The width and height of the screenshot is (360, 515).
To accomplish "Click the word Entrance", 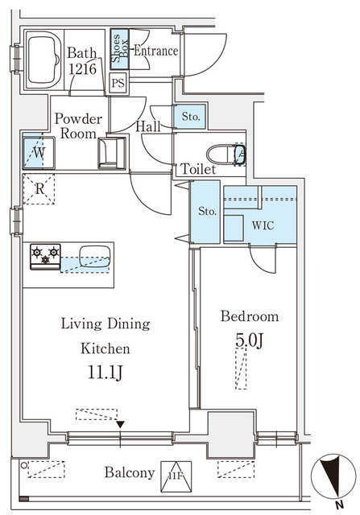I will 155,50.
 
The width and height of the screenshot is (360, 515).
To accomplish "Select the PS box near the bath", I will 118,82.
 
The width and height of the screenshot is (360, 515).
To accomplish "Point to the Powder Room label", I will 79,126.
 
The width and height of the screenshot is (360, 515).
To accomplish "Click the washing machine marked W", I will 37,150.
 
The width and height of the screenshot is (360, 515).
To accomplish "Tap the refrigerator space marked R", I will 38,189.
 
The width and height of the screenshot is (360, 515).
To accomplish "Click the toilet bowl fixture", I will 223,153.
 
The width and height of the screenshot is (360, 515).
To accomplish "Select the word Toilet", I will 197,171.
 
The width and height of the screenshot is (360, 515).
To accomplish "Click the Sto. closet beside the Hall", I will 190,117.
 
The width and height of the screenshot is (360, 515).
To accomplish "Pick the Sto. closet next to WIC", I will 207,212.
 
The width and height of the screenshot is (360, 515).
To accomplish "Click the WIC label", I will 263,225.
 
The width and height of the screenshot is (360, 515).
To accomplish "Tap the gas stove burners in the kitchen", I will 45,256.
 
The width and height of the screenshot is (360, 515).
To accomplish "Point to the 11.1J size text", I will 105,373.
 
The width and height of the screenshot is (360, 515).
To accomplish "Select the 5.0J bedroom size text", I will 250,341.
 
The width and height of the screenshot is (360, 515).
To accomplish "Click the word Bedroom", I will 250,316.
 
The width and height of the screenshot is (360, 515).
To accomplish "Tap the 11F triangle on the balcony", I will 174,472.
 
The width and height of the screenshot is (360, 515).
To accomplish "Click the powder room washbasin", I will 110,150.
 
